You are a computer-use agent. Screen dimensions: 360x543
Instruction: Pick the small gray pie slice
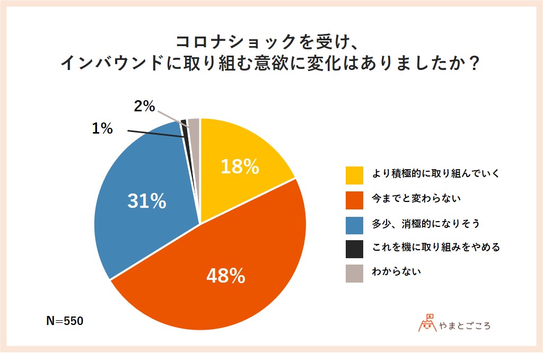tap(194, 130)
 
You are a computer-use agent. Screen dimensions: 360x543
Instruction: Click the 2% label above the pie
tap(144, 107)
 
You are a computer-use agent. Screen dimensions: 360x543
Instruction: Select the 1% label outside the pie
tap(102, 128)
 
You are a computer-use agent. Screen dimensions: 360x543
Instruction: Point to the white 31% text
tap(146, 201)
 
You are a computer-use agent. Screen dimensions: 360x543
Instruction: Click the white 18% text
tap(240, 166)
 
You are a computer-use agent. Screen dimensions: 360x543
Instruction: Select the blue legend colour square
tap(354, 224)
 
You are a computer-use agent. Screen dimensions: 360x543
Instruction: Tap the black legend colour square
tap(354, 248)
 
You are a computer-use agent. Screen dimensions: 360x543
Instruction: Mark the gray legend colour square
tap(354, 273)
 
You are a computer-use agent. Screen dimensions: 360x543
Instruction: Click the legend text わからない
tap(397, 273)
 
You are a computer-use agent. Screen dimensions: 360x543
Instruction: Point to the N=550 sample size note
tap(65, 321)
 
